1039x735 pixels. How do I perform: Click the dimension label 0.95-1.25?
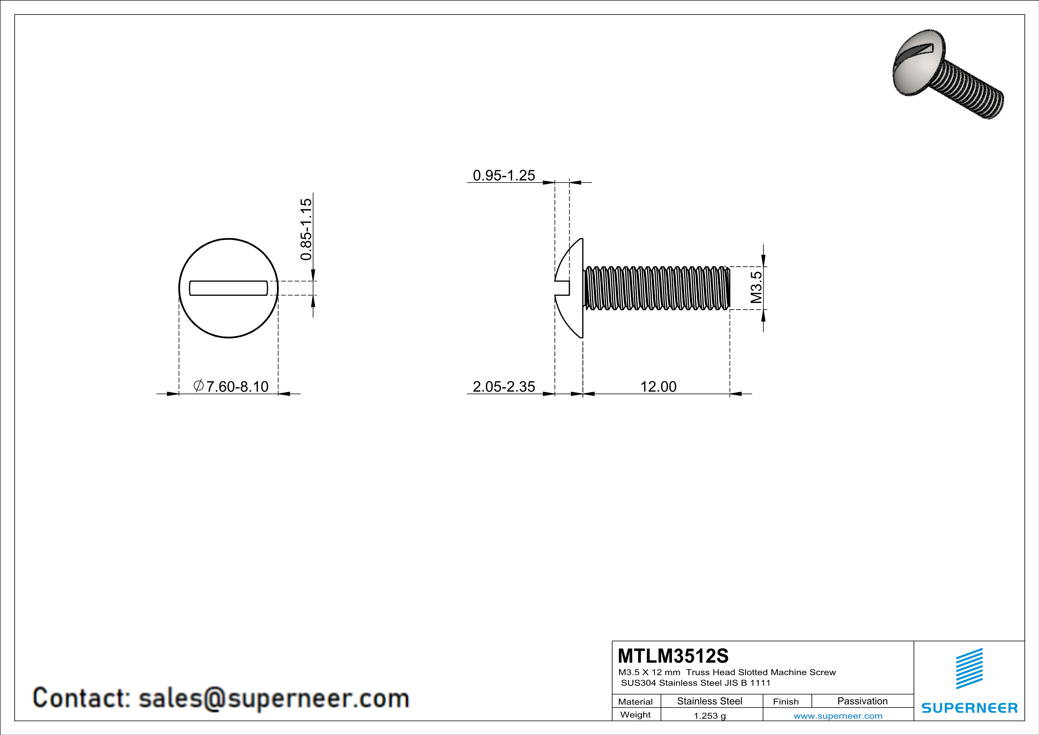pos(504,175)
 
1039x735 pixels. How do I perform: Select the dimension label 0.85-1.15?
pos(306,229)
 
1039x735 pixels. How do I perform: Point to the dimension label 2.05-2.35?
pos(504,386)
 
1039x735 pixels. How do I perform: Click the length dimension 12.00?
pos(658,386)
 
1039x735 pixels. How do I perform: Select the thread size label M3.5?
pos(756,287)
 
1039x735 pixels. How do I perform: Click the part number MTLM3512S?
pos(673,656)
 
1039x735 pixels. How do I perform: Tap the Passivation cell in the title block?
pos(862,701)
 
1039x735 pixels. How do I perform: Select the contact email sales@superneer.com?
pos(273,698)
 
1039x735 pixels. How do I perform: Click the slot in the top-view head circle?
pos(228,288)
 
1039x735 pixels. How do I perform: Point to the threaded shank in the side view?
pos(656,288)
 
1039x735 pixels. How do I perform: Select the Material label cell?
pos(635,702)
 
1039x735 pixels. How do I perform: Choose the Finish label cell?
pos(786,702)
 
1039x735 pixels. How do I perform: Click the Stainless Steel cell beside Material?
pos(710,701)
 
